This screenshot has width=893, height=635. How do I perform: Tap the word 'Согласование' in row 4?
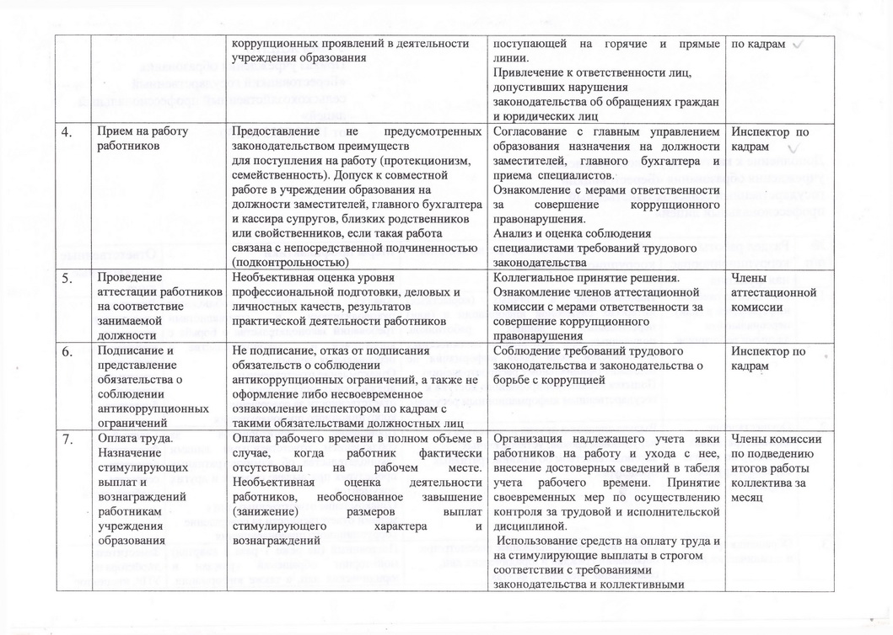point(534,132)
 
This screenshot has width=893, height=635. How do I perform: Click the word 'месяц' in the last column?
point(747,498)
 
